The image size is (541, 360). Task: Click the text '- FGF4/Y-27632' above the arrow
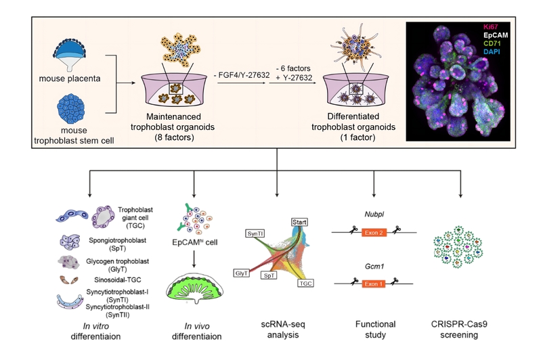242,74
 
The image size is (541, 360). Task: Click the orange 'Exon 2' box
373,232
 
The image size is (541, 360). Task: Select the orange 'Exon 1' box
373,284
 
